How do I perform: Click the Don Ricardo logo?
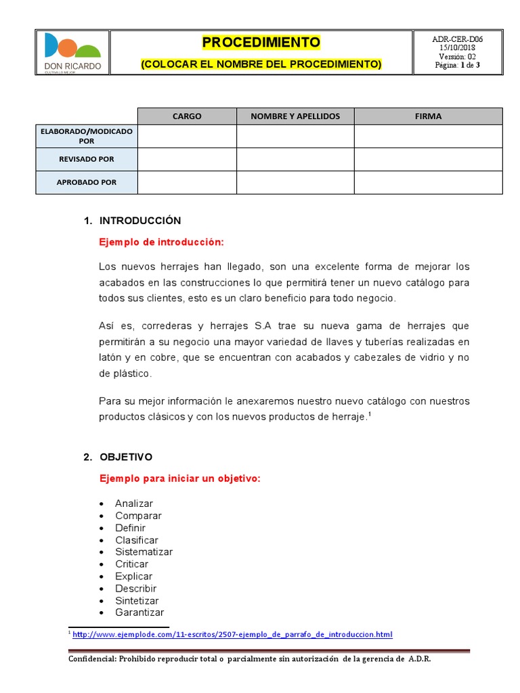(72, 52)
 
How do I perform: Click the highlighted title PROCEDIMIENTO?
(261, 43)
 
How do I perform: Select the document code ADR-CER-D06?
(457, 39)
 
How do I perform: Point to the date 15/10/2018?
(457, 48)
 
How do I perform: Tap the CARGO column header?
(187, 116)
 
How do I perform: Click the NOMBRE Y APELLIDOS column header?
(295, 116)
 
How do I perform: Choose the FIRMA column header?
(428, 116)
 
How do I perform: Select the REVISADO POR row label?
(87, 159)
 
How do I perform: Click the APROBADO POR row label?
(87, 182)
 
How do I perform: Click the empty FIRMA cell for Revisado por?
(428, 159)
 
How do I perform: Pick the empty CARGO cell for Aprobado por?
(187, 182)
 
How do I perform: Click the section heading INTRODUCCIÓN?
(140, 221)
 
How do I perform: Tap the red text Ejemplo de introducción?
(161, 242)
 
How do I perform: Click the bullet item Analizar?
(134, 504)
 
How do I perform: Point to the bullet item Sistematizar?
(144, 552)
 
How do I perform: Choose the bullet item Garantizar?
(139, 612)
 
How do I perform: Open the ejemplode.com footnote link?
(232, 634)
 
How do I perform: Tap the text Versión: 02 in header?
(457, 57)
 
